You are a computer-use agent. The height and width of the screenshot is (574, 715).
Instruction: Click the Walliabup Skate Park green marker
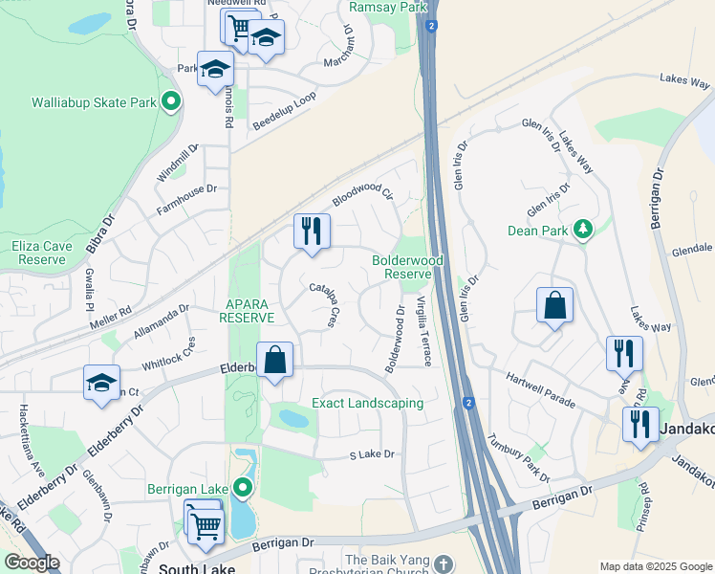tap(171, 101)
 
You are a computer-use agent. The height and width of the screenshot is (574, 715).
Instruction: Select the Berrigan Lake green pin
tap(243, 489)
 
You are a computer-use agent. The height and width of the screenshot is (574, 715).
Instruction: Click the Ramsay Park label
tap(387, 7)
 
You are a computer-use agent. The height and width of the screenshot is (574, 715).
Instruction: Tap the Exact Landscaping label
tap(367, 403)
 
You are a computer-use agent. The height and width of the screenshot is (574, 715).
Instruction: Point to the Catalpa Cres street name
tap(324, 304)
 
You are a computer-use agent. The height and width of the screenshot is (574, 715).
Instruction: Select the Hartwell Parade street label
tap(540, 391)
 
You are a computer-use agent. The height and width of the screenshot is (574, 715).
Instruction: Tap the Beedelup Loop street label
tap(284, 113)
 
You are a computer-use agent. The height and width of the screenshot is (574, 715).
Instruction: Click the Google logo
tap(31, 563)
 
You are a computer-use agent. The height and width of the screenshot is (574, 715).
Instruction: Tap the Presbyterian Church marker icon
tap(443, 563)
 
